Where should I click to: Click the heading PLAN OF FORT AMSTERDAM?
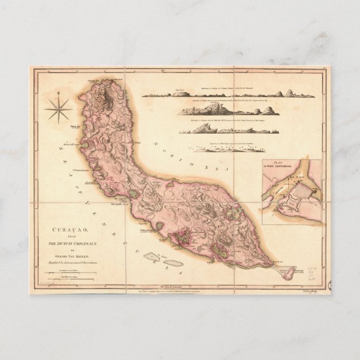coord(276,165)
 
